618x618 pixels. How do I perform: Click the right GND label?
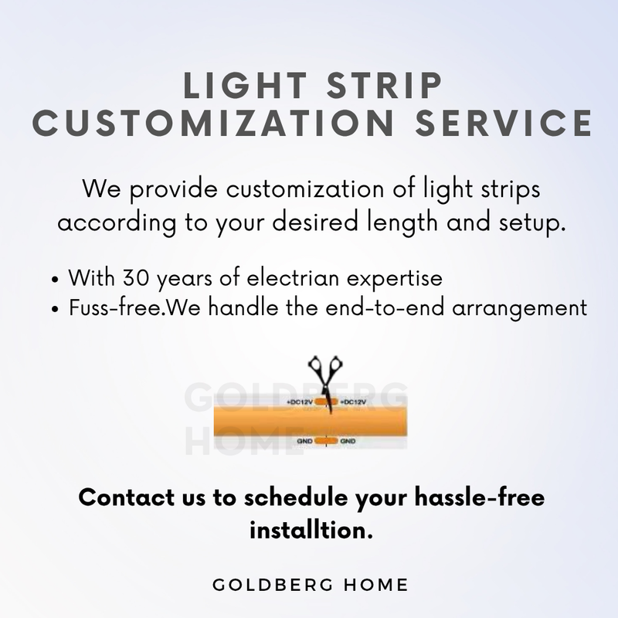348,442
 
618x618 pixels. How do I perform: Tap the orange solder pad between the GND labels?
326,442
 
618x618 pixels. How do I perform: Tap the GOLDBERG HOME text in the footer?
309,584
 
